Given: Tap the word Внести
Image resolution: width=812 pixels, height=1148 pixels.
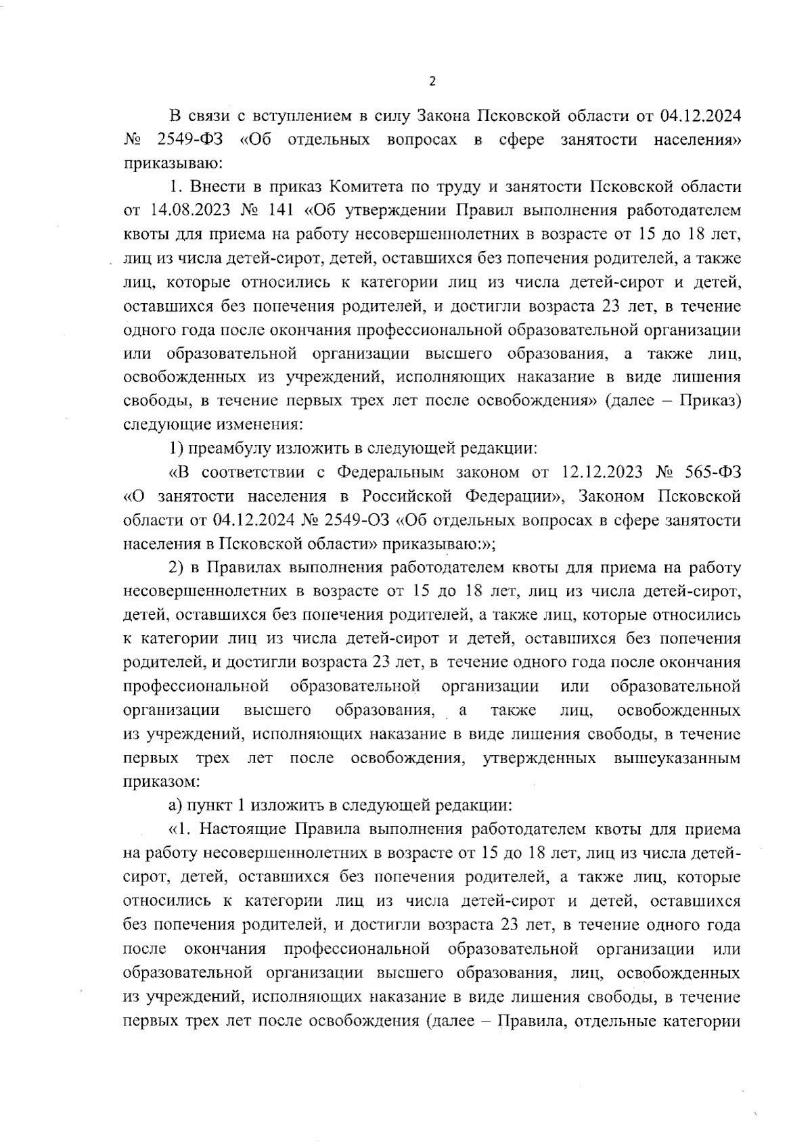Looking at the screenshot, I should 214,187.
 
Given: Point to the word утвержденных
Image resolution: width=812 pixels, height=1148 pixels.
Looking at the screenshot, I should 539,758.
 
